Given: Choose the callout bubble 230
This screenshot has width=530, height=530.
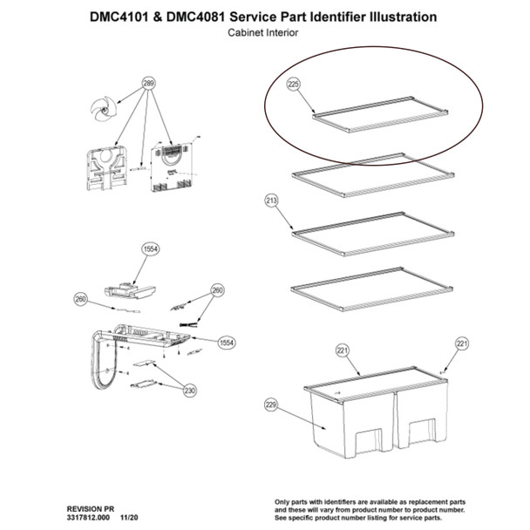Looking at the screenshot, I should [x=189, y=391].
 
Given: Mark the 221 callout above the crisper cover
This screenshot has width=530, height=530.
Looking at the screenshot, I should [x=342, y=350].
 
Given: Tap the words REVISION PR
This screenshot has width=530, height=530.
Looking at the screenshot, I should [x=91, y=506].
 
